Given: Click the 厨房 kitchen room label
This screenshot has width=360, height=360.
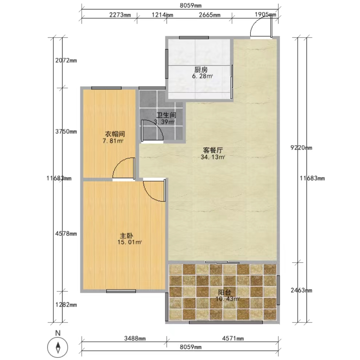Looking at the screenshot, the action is coord(201,69).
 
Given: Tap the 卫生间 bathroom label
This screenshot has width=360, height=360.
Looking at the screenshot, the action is coord(166,115).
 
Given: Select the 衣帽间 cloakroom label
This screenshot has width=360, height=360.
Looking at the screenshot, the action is coord(115,134).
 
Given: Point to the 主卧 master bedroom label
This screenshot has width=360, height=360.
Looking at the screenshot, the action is coord(126,236).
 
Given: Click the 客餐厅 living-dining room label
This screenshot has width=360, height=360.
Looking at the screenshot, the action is coord(213,150).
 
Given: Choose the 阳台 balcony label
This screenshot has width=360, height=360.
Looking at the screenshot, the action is coord(224,292).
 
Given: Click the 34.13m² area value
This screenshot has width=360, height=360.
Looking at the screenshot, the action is coord(213,157).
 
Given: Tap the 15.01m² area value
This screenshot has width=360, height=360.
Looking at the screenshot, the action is coord(129,242).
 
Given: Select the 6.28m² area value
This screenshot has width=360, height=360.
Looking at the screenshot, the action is coord(203,76).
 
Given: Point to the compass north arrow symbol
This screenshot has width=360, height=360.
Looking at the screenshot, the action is coord(58,347).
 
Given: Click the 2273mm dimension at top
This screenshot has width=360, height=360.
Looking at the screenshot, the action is coord(120,15).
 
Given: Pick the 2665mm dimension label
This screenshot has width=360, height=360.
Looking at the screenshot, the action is coord(209,15).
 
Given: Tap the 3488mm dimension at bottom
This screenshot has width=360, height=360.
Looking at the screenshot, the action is coord(135,338).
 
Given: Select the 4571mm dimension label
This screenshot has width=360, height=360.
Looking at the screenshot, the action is coord(233,338).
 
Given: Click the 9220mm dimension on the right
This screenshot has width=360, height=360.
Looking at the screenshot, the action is coord(301,148).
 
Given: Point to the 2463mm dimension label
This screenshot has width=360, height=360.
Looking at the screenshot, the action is coord(301,290).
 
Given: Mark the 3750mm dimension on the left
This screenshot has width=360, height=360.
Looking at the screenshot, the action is coord(66,132).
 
